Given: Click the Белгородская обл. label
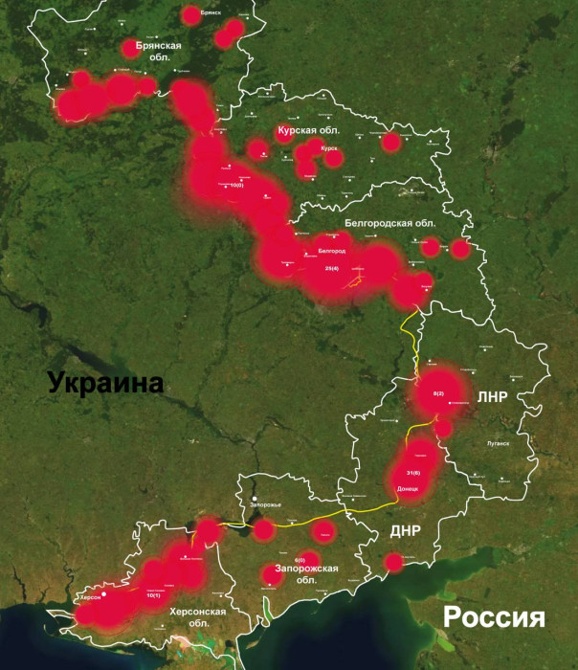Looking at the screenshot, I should tap(389, 223).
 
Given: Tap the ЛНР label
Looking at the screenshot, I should tap(492, 396).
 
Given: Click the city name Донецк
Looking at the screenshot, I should tap(407, 488).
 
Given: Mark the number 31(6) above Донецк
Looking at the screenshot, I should tap(413, 474).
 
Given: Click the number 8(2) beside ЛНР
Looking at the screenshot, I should tap(439, 394).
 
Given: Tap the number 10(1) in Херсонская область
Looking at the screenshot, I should tap(152, 595).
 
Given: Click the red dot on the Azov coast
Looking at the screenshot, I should tap(392, 563).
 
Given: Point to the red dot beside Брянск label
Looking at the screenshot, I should tap(190, 14).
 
